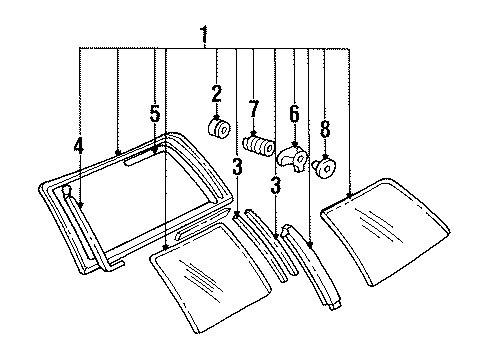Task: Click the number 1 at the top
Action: (x=203, y=37)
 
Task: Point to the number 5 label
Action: (x=155, y=115)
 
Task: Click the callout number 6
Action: (x=294, y=114)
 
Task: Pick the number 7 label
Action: (x=254, y=106)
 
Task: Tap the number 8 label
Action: (x=324, y=128)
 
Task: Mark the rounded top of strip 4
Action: (x=66, y=188)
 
